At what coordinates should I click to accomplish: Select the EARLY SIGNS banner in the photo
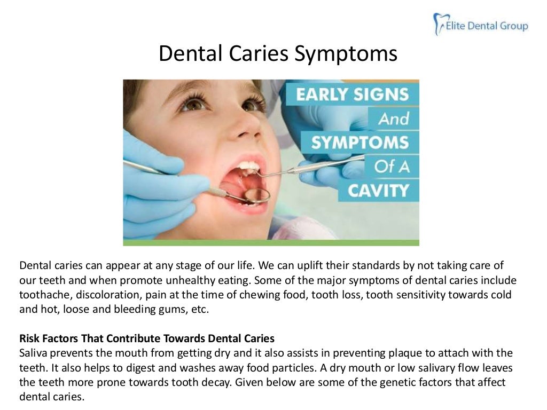[352, 94]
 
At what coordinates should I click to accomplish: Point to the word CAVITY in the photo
[379, 190]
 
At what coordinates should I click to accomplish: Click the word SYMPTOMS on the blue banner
[360, 142]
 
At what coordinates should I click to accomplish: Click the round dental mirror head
[257, 195]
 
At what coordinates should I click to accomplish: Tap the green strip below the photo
[271, 242]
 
